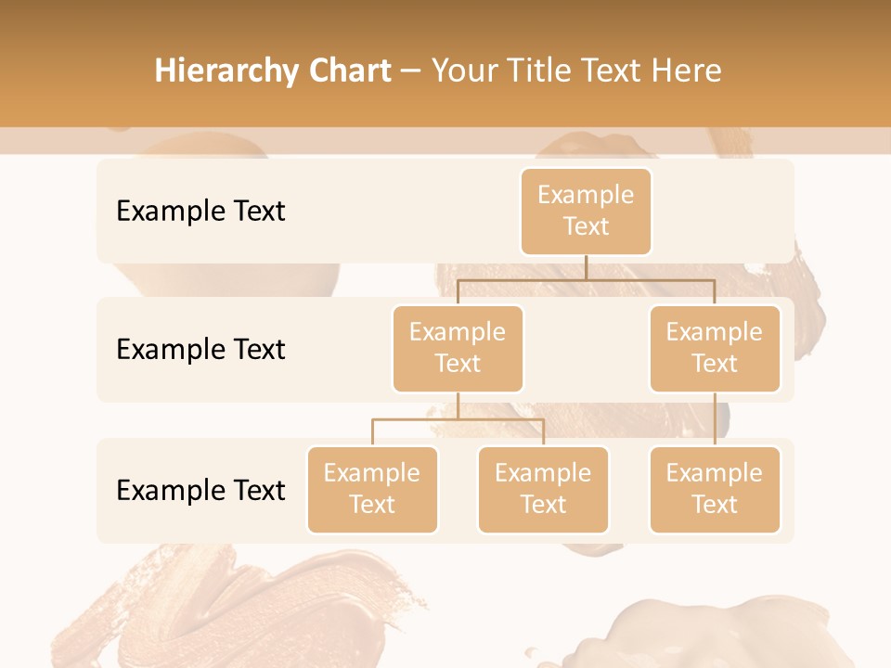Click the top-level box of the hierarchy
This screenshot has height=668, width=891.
586,212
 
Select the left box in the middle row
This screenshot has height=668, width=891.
458,349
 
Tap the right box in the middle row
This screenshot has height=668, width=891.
715,349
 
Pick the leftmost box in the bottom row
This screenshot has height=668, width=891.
372,490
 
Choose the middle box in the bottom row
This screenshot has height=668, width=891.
543,490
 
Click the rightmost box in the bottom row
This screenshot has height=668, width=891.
715,490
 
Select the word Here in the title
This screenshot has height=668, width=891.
687,71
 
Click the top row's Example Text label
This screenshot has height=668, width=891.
200,212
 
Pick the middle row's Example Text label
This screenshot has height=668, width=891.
200,350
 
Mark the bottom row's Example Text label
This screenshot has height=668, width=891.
200,490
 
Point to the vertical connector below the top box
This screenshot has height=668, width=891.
586,267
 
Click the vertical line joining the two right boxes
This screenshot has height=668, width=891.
715,419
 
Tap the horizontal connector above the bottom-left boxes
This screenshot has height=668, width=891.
458,419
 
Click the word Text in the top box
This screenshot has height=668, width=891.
586,226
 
